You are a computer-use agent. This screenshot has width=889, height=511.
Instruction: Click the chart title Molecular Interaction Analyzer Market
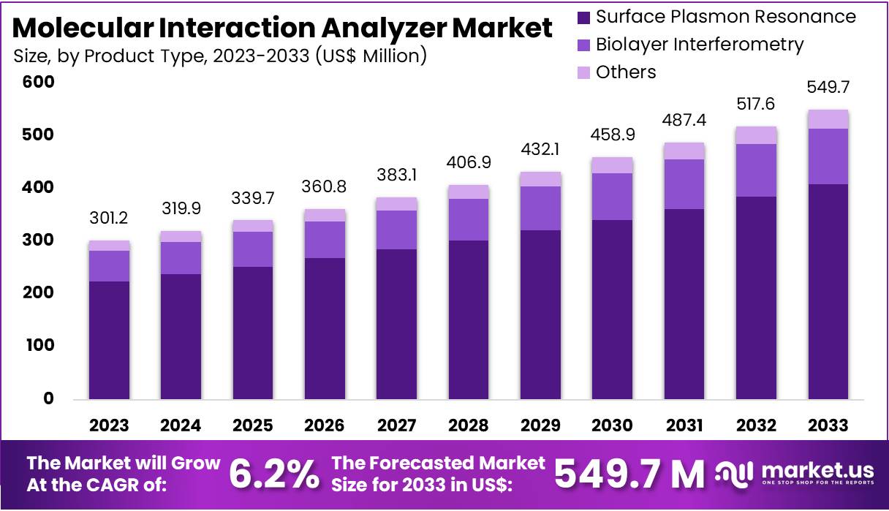pos(282,28)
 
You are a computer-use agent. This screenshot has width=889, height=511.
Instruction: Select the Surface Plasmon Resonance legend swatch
pos(583,17)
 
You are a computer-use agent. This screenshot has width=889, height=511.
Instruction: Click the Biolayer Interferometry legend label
pos(699,45)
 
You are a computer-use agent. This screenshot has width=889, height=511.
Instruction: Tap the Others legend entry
pos(625,72)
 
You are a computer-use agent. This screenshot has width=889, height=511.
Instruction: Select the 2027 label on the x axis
pos(396,425)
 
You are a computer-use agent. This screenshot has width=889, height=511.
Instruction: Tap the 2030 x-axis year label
pos(613,425)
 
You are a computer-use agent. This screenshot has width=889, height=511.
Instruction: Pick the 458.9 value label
pos(612,137)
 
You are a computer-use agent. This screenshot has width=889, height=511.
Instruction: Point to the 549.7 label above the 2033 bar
pos(828,88)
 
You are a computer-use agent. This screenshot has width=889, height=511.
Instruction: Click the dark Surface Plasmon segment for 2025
pos(253,333)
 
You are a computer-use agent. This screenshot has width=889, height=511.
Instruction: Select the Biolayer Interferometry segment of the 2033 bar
pos(828,156)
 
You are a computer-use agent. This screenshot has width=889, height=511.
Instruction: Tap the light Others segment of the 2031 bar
pos(684,151)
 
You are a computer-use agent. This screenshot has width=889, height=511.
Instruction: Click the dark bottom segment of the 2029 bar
pos(540,314)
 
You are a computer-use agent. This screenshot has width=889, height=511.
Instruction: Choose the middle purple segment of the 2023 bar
pos(109,266)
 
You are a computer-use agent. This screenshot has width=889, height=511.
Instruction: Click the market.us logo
pos(795,474)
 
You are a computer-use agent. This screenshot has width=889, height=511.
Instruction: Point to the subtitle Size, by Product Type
pos(219,56)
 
